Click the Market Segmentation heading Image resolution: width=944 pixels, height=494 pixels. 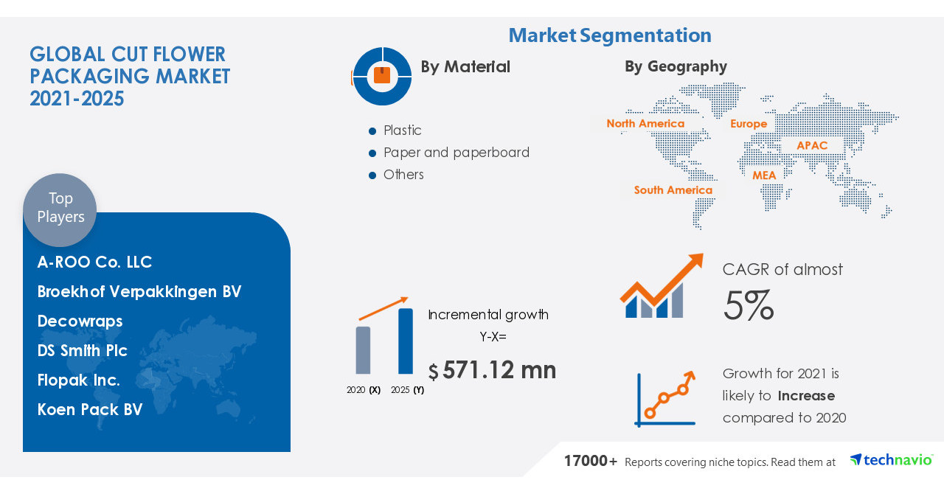coord(610,35)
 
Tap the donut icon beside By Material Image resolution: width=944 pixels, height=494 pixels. coord(381,76)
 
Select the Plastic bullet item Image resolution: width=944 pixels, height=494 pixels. coord(402,131)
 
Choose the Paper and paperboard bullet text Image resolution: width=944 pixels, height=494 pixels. coord(456,153)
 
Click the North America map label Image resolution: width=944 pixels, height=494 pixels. coord(645,124)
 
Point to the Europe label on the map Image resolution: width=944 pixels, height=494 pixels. coord(749,124)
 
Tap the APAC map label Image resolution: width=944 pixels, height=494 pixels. coord(812,145)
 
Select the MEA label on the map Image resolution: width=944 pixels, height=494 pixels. coord(764,175)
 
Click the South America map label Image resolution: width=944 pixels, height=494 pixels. coord(673,190)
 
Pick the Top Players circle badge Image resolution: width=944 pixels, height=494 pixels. coord(60,209)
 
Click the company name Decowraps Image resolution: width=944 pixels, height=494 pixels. coord(80,321)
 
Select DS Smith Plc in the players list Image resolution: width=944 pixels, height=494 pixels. coord(83,351)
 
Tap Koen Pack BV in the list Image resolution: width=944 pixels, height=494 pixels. coord(90,410)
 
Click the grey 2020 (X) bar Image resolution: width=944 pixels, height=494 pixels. coord(363,350)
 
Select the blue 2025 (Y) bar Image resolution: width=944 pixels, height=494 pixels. coord(406,341)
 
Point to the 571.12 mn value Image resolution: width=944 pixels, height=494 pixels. coord(499,370)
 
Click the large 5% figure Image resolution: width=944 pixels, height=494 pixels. coord(748,305)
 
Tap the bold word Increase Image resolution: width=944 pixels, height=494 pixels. coord(806,396)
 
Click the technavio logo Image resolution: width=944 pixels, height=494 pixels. coord(891,460)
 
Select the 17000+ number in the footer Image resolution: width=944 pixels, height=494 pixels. coord(591,462)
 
